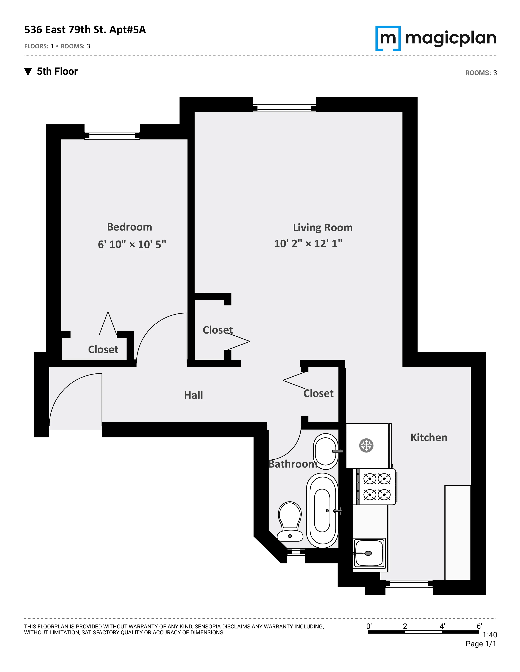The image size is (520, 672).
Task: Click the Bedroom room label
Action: click(x=129, y=227)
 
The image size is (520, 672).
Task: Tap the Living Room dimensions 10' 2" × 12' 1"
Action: click(x=308, y=244)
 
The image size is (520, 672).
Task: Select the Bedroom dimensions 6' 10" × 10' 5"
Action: click(x=132, y=244)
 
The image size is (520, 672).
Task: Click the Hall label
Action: click(x=194, y=395)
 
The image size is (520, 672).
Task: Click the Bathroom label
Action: click(x=293, y=464)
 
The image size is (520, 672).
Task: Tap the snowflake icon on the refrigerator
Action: click(x=366, y=446)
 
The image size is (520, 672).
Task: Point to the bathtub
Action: click(x=322, y=511)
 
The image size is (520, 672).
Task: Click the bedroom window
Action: click(x=112, y=136)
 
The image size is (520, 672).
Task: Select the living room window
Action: click(x=284, y=108)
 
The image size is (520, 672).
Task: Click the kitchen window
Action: click(x=409, y=583)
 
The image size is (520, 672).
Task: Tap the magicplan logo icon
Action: click(x=388, y=38)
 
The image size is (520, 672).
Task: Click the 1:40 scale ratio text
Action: click(x=489, y=635)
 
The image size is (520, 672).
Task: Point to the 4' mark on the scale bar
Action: click(x=442, y=626)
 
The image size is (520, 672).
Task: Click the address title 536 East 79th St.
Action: click(x=85, y=30)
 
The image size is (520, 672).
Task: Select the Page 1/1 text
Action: click(x=481, y=644)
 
